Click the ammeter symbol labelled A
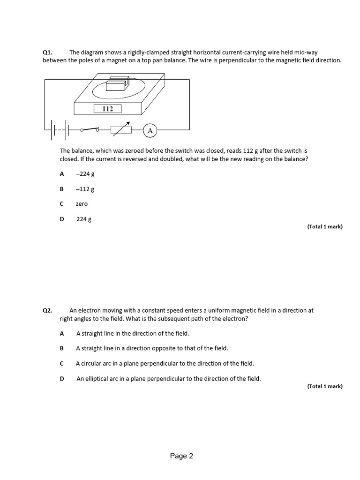click(x=150, y=131)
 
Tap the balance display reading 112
click(x=107, y=109)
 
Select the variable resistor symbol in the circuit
click(x=120, y=130)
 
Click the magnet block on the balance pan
click(x=116, y=85)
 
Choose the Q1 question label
click(x=48, y=52)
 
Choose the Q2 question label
click(x=48, y=310)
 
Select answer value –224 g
click(x=85, y=174)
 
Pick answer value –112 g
click(x=85, y=189)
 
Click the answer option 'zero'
click(x=82, y=204)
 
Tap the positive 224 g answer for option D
click(x=84, y=219)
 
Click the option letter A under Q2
click(x=61, y=333)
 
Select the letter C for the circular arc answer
click(x=61, y=363)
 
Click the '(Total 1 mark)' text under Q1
click(x=325, y=226)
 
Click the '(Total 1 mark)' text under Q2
click(x=325, y=386)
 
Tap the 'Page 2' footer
click(x=181, y=456)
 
